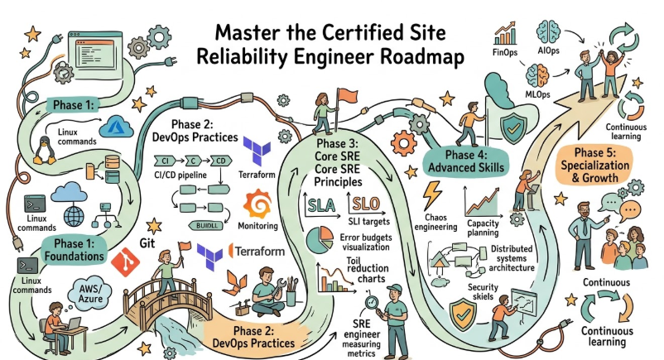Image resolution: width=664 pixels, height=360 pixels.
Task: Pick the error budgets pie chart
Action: click(319, 241)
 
